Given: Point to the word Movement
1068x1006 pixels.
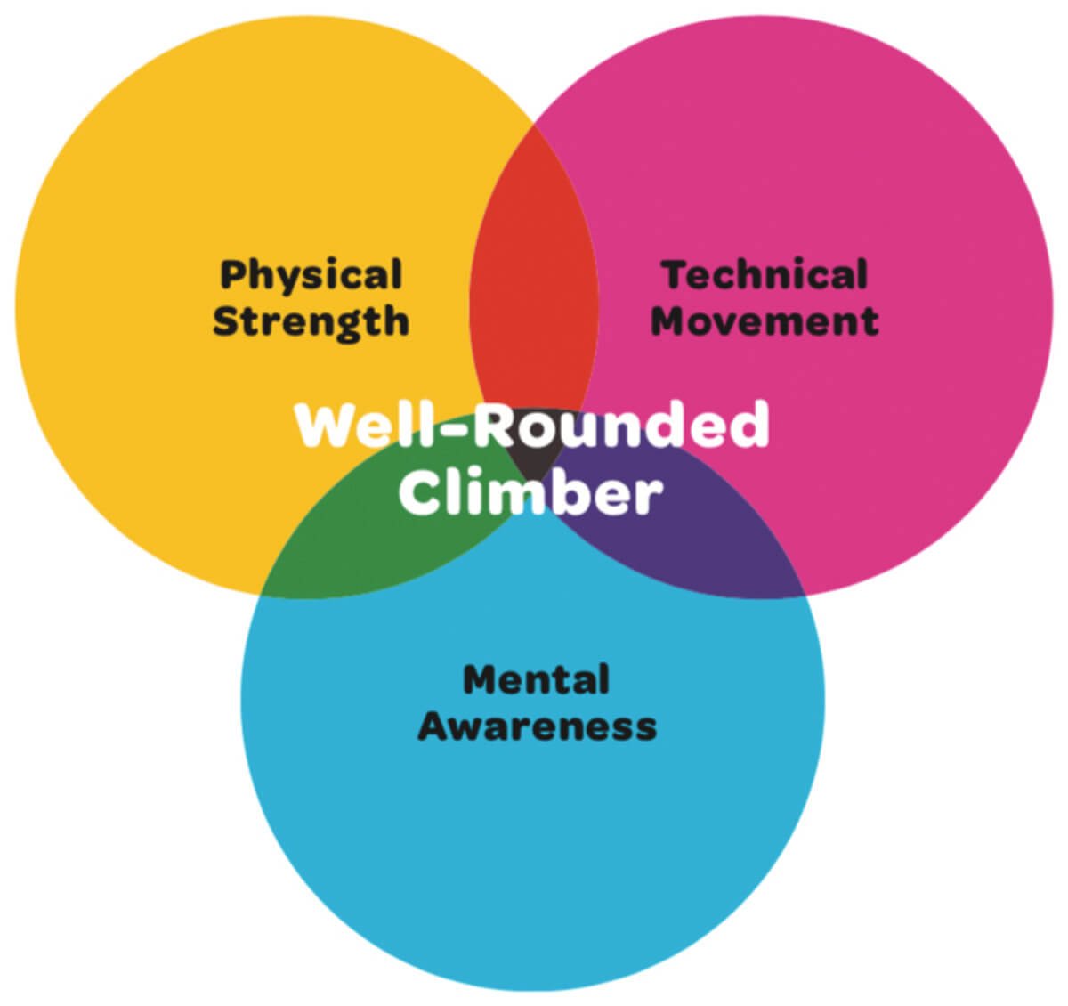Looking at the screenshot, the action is (765, 320).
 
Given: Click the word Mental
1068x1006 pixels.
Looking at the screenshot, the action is (536, 679).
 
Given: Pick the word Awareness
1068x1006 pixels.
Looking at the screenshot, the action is (538, 726).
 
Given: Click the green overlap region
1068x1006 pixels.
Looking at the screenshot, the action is (376, 532).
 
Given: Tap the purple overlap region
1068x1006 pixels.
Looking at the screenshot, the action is (688, 532).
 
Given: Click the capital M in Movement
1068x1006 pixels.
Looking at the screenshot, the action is (672, 321).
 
